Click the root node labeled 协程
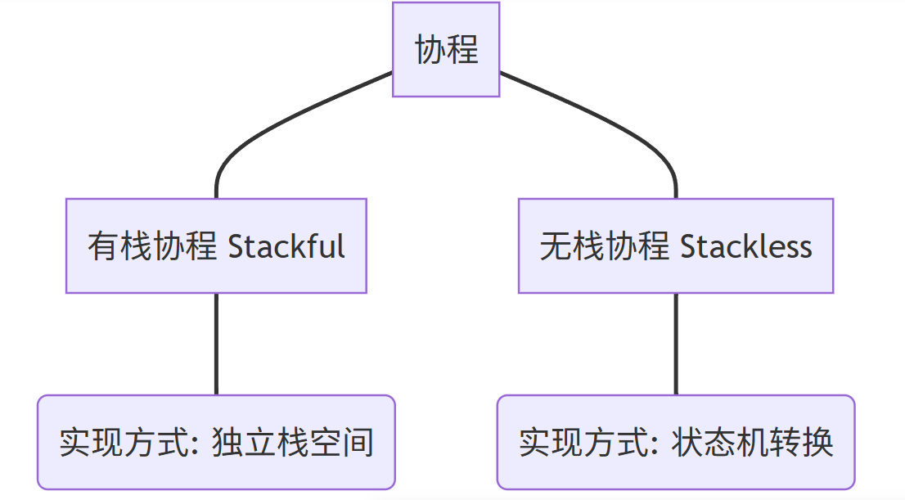pos(446,49)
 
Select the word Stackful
pos(286,245)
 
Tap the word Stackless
pos(745,245)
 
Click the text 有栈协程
pos(153,245)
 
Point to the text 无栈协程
pos(605,245)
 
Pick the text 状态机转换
pos(752,443)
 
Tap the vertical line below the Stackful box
pos(216,344)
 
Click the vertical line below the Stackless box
pos(676,344)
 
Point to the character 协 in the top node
pos(430,49)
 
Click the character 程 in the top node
pos(462,49)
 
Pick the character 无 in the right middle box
pos(556,245)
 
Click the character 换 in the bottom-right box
pos(817,443)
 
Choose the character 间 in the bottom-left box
pos(358,443)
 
